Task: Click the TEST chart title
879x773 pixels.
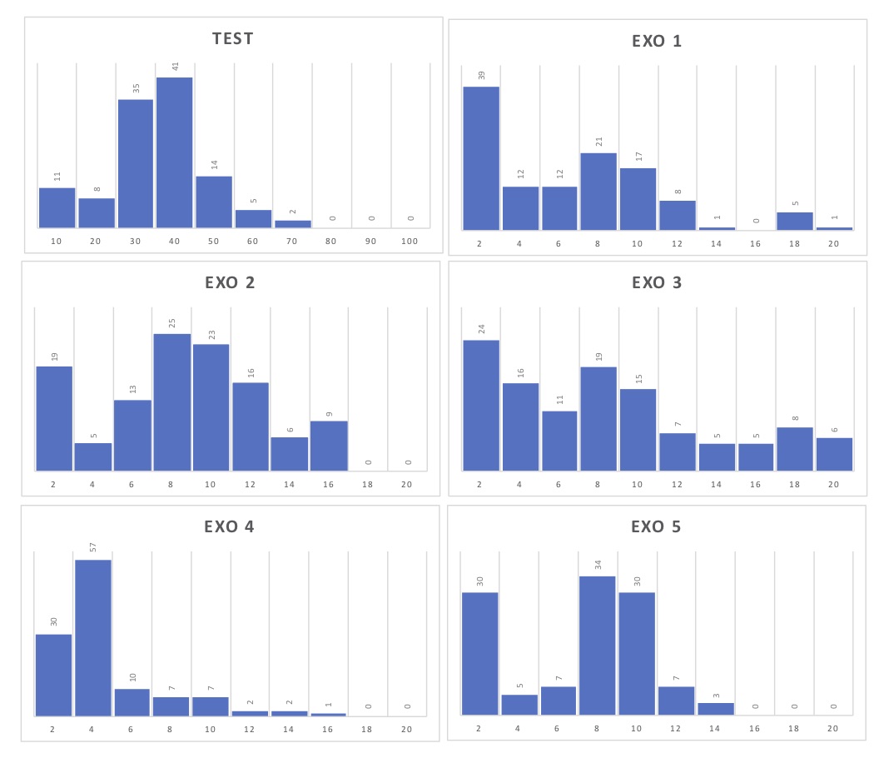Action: point(232,38)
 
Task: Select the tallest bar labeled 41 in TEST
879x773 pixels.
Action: point(174,152)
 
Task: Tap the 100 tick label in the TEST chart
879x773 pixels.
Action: point(409,242)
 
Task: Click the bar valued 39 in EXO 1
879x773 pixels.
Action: point(481,158)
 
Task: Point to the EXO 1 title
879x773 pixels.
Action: point(657,41)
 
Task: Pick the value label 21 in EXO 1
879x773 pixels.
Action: point(598,142)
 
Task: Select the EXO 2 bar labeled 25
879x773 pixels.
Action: point(172,402)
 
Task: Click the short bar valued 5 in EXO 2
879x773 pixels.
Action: point(93,456)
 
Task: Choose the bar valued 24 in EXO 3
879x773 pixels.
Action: point(481,406)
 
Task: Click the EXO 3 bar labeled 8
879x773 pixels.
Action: point(795,449)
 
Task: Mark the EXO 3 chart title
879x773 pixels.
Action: point(657,282)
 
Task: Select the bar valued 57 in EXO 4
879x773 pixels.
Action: point(93,637)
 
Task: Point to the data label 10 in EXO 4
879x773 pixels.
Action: point(133,677)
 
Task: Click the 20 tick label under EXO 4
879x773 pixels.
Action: point(407,729)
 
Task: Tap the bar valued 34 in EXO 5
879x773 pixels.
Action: point(598,646)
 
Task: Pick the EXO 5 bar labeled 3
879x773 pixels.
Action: point(716,709)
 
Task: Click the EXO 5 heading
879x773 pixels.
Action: point(657,526)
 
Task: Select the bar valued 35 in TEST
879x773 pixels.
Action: point(135,163)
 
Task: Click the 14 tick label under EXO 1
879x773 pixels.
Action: point(717,243)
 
